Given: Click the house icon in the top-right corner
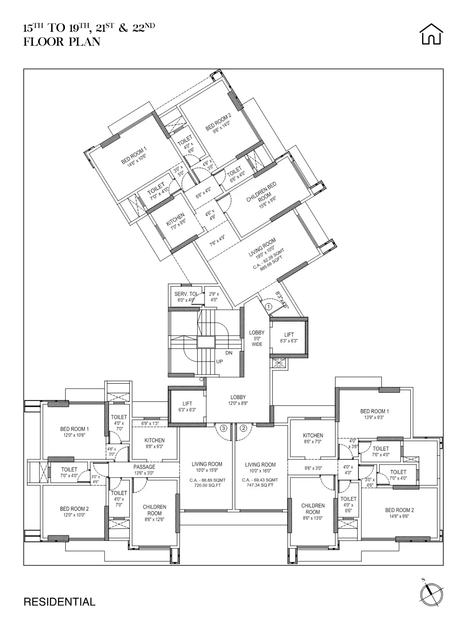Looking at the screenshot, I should coord(431,34).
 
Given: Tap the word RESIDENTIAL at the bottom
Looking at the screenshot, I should coord(59,602).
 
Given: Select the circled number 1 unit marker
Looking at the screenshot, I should coord(268,306).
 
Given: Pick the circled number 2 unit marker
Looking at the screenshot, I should coord(243,428).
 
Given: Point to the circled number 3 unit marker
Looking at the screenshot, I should coord(223,428).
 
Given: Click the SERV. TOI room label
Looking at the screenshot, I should coord(186,294).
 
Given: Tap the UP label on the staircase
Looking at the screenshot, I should coord(220,361).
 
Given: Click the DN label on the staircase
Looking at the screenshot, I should coord(229,353).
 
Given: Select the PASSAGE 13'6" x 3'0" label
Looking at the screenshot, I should coord(144,470).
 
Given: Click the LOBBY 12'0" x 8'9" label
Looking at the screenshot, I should coord(238,400).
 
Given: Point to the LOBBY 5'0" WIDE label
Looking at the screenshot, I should coord(257,338).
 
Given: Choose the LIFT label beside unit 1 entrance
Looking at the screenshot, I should coord(289,337).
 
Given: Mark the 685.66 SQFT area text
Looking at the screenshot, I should coord(271,262).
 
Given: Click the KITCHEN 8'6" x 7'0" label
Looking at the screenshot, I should coord(313,438).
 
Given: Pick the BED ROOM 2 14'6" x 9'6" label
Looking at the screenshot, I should coord(400,513).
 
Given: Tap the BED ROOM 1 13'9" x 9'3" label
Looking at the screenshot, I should coord(374,414).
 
